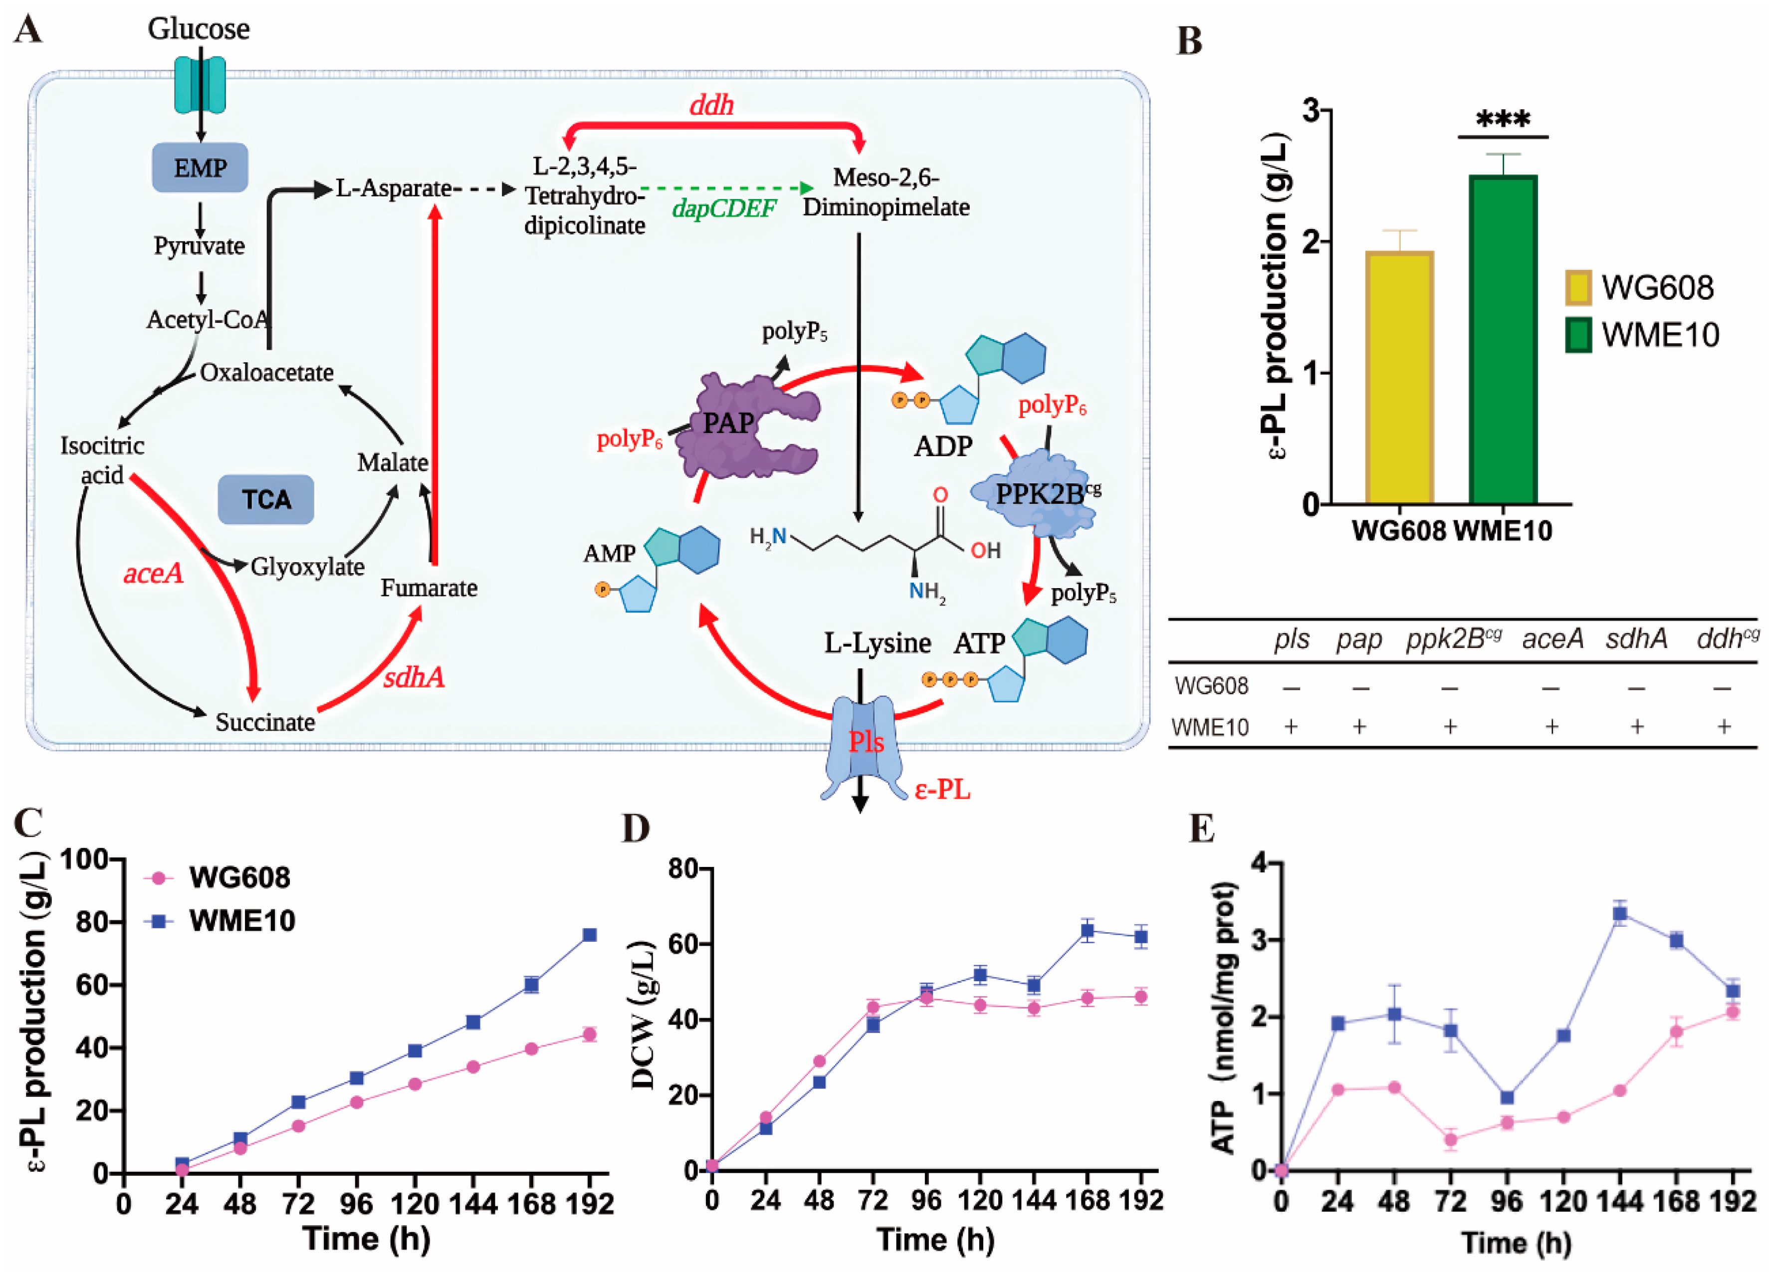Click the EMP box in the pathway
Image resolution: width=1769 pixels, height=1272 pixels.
pyautogui.click(x=200, y=168)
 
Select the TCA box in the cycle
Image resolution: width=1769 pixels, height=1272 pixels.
pyautogui.click(x=266, y=499)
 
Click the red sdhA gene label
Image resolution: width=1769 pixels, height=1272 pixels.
pyautogui.click(x=414, y=677)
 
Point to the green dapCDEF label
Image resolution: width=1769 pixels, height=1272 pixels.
pyautogui.click(x=724, y=208)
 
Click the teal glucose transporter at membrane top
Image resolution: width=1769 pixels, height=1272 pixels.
pyautogui.click(x=200, y=84)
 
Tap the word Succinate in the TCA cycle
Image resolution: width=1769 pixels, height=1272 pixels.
pyautogui.click(x=265, y=722)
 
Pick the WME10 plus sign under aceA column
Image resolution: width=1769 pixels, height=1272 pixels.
pyautogui.click(x=1552, y=727)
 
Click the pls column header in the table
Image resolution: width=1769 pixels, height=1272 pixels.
pyautogui.click(x=1291, y=639)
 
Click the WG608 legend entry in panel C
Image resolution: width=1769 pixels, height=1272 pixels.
pyautogui.click(x=219, y=877)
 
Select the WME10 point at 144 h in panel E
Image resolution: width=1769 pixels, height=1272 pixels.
pyautogui.click(x=1620, y=914)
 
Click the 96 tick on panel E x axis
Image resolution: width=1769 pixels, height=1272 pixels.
pyautogui.click(x=1507, y=1201)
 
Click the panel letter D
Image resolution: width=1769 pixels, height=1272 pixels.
pyautogui.click(x=635, y=829)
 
